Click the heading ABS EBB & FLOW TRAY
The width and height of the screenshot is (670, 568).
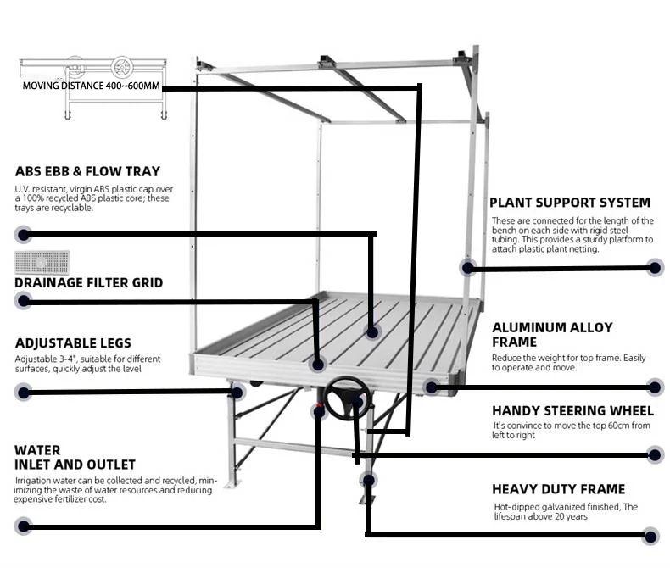coord(87,171)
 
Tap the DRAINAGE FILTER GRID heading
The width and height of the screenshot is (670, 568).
coord(88,282)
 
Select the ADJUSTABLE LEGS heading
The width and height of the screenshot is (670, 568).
coord(73,343)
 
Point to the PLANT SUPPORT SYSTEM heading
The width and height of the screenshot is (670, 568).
coord(570,203)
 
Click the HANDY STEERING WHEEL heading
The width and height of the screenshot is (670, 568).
coord(572,410)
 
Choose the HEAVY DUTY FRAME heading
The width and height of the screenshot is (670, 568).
coord(558,489)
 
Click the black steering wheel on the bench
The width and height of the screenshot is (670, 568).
coord(347,397)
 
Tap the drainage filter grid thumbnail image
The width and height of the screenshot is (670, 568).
coord(42,261)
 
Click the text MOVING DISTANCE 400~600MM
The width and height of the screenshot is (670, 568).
coord(91,86)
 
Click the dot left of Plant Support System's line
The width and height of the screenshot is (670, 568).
coord(467,267)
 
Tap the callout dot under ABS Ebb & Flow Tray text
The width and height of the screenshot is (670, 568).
coord(24,235)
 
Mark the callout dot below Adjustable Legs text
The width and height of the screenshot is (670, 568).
coord(24,392)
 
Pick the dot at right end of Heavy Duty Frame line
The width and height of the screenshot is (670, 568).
coord(650,535)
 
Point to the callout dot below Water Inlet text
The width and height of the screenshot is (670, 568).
coord(24,526)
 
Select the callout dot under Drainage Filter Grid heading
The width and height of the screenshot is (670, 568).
coord(24,301)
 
